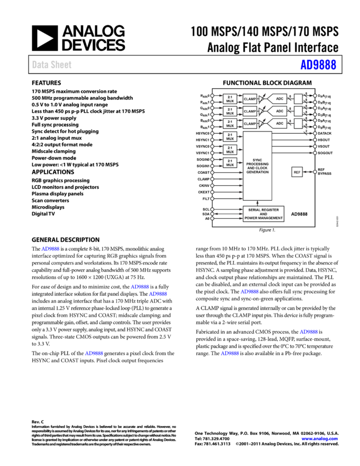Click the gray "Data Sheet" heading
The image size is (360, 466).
[52, 65]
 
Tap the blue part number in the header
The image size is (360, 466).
[318, 65]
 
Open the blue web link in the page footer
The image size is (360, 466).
[319, 439]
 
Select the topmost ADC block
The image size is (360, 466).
[278, 99]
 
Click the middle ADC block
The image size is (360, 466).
[278, 111]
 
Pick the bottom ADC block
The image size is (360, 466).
[278, 123]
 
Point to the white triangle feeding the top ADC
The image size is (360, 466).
[261, 99]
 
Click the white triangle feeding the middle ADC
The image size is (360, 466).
[261, 111]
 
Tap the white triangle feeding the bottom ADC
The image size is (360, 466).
[261, 123]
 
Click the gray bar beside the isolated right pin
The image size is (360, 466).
[297, 172]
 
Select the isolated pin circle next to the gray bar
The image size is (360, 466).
[315, 172]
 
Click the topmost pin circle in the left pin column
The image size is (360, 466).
[212, 96]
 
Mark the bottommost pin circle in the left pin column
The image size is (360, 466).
[212, 218]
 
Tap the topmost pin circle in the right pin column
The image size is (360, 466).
[315, 96]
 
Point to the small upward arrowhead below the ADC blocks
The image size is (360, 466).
[258, 203]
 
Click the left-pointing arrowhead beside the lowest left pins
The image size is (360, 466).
[216, 214]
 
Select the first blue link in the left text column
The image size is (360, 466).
[50, 249]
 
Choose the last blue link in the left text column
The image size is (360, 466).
[94, 354]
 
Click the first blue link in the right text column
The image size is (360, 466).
[250, 292]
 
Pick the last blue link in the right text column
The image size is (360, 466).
[230, 354]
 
